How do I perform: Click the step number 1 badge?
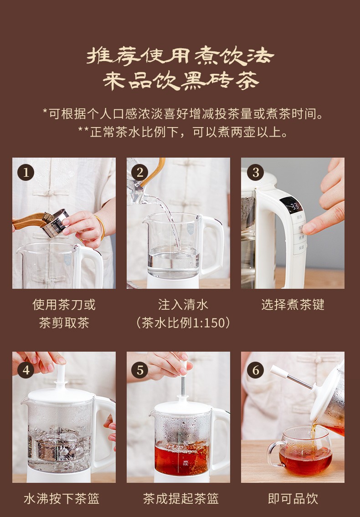point(26,172)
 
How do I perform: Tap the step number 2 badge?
point(140,172)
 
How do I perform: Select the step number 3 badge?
point(255,172)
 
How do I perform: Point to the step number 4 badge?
point(26,370)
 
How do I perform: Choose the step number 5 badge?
point(140,370)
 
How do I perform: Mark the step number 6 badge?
point(255,370)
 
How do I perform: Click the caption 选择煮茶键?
point(293,305)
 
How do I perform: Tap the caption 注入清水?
point(183,305)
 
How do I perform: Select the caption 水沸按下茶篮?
point(62,498)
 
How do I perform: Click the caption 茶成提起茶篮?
point(181,498)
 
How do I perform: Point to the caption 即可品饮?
point(293,498)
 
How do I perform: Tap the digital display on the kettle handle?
point(292,206)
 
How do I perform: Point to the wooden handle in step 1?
point(29,221)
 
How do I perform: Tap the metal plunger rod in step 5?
point(182,386)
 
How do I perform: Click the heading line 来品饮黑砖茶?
point(181,81)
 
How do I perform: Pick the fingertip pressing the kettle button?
point(309,229)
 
